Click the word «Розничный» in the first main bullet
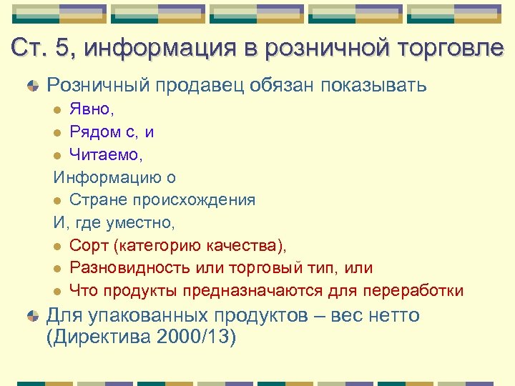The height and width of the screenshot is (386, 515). click(94, 86)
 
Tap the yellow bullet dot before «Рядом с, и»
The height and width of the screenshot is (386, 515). click(58, 133)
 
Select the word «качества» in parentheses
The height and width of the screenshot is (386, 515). click(244, 246)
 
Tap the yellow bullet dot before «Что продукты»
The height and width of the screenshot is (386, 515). click(58, 292)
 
